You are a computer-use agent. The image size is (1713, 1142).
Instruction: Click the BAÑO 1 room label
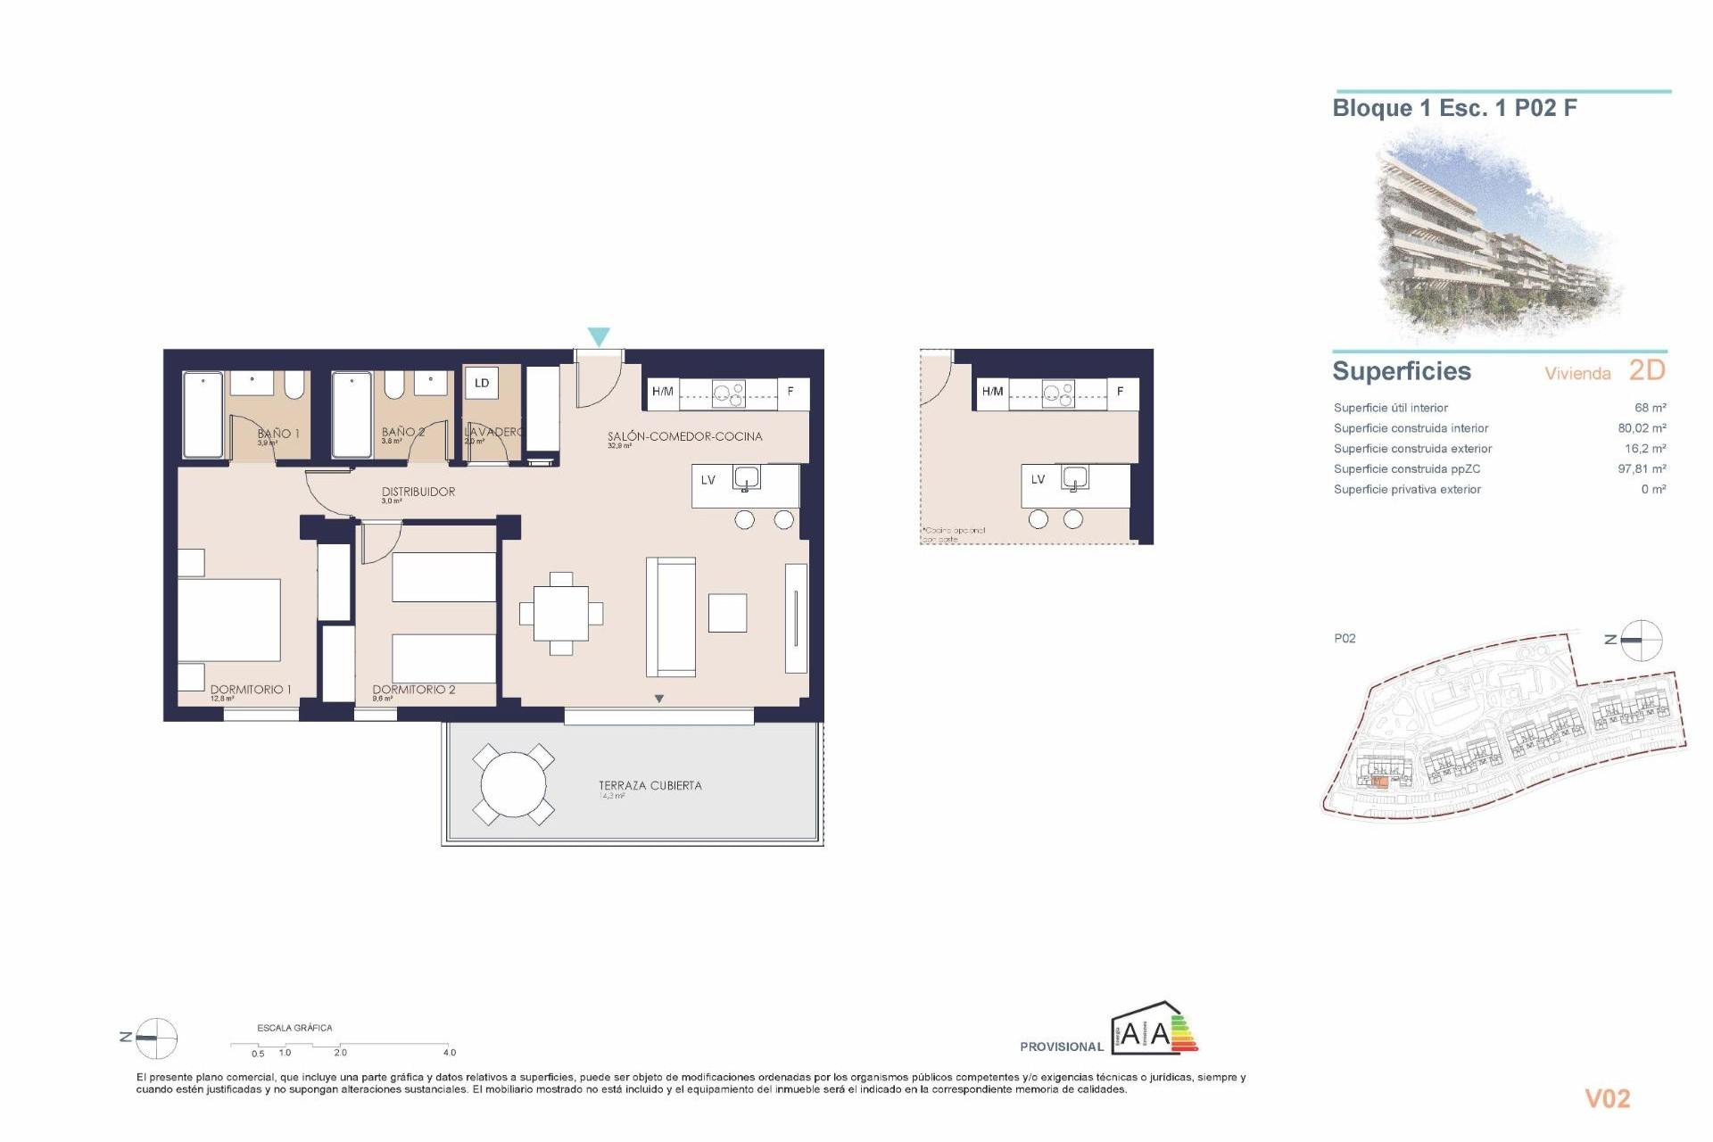(x=278, y=434)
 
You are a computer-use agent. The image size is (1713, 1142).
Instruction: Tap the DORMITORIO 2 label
(x=414, y=690)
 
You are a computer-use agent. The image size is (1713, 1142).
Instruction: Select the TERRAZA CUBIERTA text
(x=650, y=786)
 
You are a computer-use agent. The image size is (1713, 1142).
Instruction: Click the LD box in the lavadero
(x=482, y=384)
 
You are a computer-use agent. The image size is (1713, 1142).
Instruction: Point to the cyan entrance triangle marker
(x=599, y=336)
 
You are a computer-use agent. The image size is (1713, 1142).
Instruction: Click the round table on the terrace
(x=513, y=785)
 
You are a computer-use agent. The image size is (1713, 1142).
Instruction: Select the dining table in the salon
(x=561, y=614)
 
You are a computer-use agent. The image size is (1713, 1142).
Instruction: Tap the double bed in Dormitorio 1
(x=229, y=620)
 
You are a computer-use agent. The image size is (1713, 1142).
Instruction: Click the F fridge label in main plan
(x=790, y=392)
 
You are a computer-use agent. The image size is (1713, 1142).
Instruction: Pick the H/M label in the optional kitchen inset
(x=992, y=392)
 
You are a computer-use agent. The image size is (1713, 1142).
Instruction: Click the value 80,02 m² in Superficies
(x=1642, y=428)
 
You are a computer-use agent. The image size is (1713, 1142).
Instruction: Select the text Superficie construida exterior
(x=1412, y=449)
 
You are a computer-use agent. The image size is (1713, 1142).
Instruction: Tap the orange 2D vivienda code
(x=1647, y=370)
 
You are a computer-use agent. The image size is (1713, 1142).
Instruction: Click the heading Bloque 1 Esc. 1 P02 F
(x=1454, y=109)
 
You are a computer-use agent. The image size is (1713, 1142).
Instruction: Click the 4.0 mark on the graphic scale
(x=450, y=1053)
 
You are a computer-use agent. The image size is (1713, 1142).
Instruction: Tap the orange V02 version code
(x=1607, y=1099)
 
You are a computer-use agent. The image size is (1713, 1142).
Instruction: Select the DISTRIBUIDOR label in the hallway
(x=418, y=492)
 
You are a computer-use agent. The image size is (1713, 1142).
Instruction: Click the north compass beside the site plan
(x=1640, y=640)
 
